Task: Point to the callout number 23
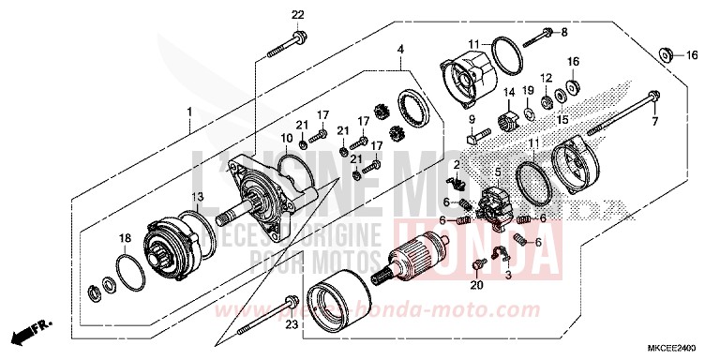click(290, 325)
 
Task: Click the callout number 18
click(125, 240)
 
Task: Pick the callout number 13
click(197, 196)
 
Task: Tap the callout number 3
click(508, 277)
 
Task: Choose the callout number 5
click(497, 172)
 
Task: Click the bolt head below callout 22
click(297, 39)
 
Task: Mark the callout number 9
click(472, 118)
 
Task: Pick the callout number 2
click(457, 165)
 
